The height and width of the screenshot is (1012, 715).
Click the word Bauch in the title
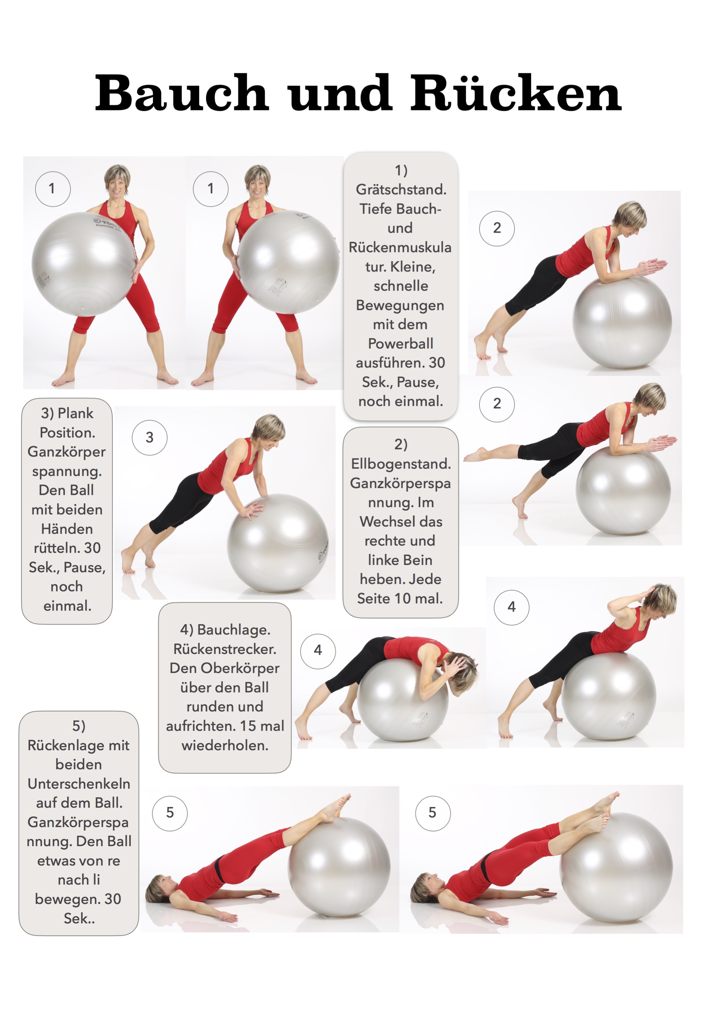pos(182,93)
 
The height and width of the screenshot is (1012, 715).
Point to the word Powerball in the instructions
pos(400,343)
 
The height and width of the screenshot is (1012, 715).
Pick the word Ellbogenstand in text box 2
pos(401,464)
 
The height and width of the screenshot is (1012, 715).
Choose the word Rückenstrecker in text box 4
pos(225,649)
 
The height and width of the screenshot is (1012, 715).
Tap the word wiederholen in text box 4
pos(225,745)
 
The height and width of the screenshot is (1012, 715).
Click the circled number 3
pos(150,437)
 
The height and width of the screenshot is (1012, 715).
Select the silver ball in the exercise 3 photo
pos(277,543)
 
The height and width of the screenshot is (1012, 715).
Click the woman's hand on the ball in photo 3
pos(250,510)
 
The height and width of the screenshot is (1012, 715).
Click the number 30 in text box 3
pos(92,548)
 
